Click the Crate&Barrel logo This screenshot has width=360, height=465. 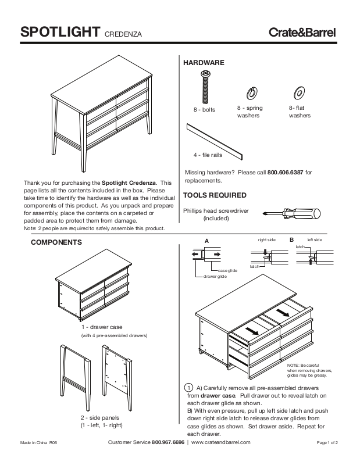tap(302, 33)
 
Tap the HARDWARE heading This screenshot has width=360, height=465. tap(204, 63)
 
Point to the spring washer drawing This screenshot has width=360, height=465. tap(253, 93)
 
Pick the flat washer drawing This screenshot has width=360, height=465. tap(300, 92)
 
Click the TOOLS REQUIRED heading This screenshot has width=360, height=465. tap(215, 195)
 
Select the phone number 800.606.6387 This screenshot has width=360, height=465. tap(286, 173)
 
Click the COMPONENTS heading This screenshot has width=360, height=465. tap(56, 241)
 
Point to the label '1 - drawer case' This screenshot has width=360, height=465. tap(101, 327)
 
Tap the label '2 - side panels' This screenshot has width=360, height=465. tap(99, 418)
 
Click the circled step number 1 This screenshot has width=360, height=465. tap(188, 388)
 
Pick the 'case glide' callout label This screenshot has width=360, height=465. tap(227, 271)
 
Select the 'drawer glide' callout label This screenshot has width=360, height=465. tap(215, 277)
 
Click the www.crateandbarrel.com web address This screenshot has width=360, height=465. tap(220, 443)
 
